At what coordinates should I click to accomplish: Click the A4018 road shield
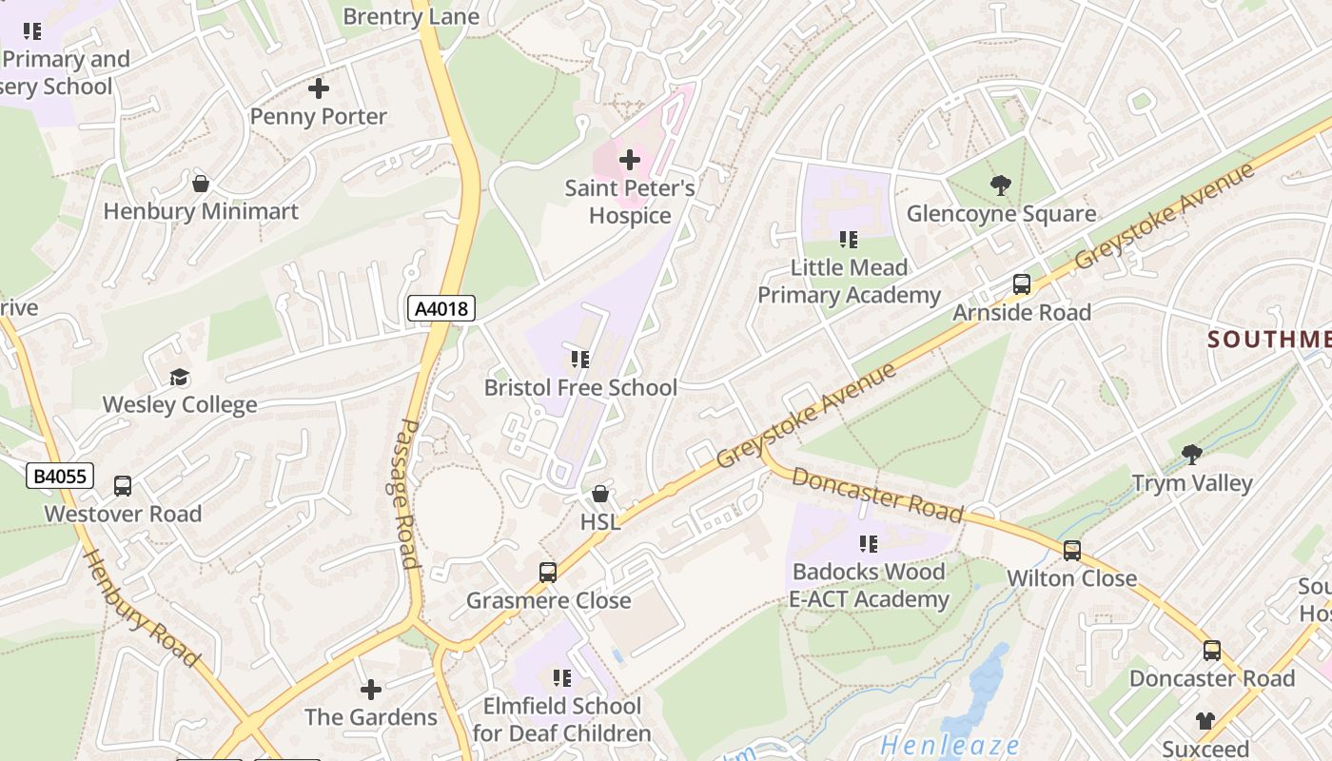coord(441,308)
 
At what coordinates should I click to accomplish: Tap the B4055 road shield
coord(60,476)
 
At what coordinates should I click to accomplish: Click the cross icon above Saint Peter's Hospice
coord(630,160)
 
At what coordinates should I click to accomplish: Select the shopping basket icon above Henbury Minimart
coord(201,183)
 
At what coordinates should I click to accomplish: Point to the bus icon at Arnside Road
coord(1022,283)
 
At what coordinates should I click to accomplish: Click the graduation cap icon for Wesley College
coord(179,377)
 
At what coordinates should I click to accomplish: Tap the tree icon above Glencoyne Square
coord(1000,185)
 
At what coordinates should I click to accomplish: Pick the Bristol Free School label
coord(580,387)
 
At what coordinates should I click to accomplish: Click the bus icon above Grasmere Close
coord(548,572)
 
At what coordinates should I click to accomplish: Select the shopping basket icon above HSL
coord(600,494)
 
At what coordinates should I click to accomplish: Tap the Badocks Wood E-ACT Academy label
coord(869,585)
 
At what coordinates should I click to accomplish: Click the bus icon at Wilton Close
coord(1072,550)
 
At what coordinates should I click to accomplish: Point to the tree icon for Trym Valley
coord(1191,455)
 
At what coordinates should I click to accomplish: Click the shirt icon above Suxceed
coord(1205,720)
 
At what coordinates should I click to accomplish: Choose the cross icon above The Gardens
coord(371,689)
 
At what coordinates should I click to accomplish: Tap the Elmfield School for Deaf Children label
coord(561,719)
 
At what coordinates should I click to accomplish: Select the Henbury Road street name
coord(142,608)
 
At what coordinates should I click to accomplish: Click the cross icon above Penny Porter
coord(319,88)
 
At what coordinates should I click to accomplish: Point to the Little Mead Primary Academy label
coord(849,282)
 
